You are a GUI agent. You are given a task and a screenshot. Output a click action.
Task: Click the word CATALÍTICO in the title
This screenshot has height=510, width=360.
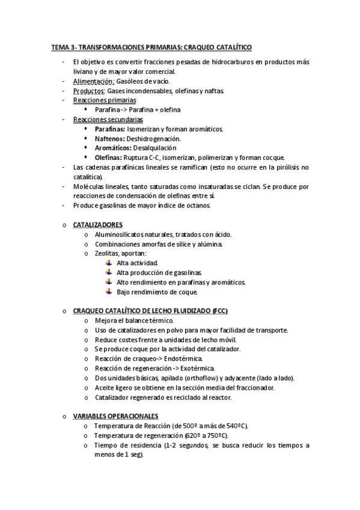pyautogui.click(x=231, y=46)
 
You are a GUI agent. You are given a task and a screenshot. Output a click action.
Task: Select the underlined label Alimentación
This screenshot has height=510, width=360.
pyautogui.click(x=93, y=81)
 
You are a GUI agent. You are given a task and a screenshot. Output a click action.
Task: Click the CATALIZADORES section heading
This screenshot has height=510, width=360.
pyautogui.click(x=102, y=224)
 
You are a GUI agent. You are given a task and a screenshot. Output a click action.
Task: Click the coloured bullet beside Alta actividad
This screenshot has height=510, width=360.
pyautogui.click(x=108, y=263)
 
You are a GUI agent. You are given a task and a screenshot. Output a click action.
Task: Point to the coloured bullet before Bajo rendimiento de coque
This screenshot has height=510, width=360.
pyautogui.click(x=108, y=292)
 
